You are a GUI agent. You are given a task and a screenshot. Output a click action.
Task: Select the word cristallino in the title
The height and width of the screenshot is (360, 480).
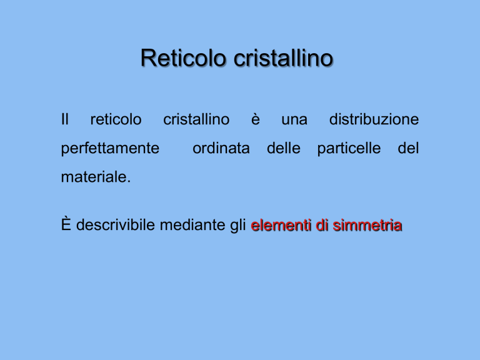pyautogui.click(x=284, y=58)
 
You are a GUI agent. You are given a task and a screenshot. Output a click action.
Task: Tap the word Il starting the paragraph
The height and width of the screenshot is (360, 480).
pyautogui.click(x=64, y=119)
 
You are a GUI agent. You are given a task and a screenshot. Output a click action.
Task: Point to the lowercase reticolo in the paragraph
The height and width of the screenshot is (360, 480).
pyautogui.click(x=116, y=119)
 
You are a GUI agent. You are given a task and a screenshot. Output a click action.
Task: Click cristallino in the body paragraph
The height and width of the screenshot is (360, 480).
pyautogui.click(x=196, y=119)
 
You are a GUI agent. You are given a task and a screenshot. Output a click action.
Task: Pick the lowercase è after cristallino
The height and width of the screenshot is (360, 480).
pyautogui.click(x=256, y=119)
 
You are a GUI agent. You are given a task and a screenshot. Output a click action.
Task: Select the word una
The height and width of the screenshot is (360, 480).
pyautogui.click(x=294, y=120)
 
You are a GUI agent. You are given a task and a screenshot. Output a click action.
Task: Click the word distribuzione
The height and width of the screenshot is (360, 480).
pyautogui.click(x=374, y=119)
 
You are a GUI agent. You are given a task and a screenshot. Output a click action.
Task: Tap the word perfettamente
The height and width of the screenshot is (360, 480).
pyautogui.click(x=110, y=149)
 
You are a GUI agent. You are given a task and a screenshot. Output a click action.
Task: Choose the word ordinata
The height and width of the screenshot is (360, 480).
pyautogui.click(x=221, y=148)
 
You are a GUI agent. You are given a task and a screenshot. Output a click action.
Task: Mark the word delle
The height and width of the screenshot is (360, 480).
pyautogui.click(x=284, y=148)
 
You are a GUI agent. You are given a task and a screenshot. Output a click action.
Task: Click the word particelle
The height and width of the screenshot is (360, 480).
pyautogui.click(x=349, y=149)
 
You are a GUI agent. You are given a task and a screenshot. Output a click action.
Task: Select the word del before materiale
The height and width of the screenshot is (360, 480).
pyautogui.click(x=408, y=148)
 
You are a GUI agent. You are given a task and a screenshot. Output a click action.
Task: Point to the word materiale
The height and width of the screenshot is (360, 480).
pyautogui.click(x=96, y=177)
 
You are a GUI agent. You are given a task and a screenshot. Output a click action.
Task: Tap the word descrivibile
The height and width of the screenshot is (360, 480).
pyautogui.click(x=116, y=224)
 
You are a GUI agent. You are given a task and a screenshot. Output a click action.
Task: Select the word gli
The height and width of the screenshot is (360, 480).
pyautogui.click(x=238, y=226)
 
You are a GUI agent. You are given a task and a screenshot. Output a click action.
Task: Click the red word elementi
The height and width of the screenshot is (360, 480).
pyautogui.click(x=282, y=225)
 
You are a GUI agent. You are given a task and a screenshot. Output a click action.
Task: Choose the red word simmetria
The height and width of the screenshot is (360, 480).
pyautogui.click(x=367, y=225)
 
